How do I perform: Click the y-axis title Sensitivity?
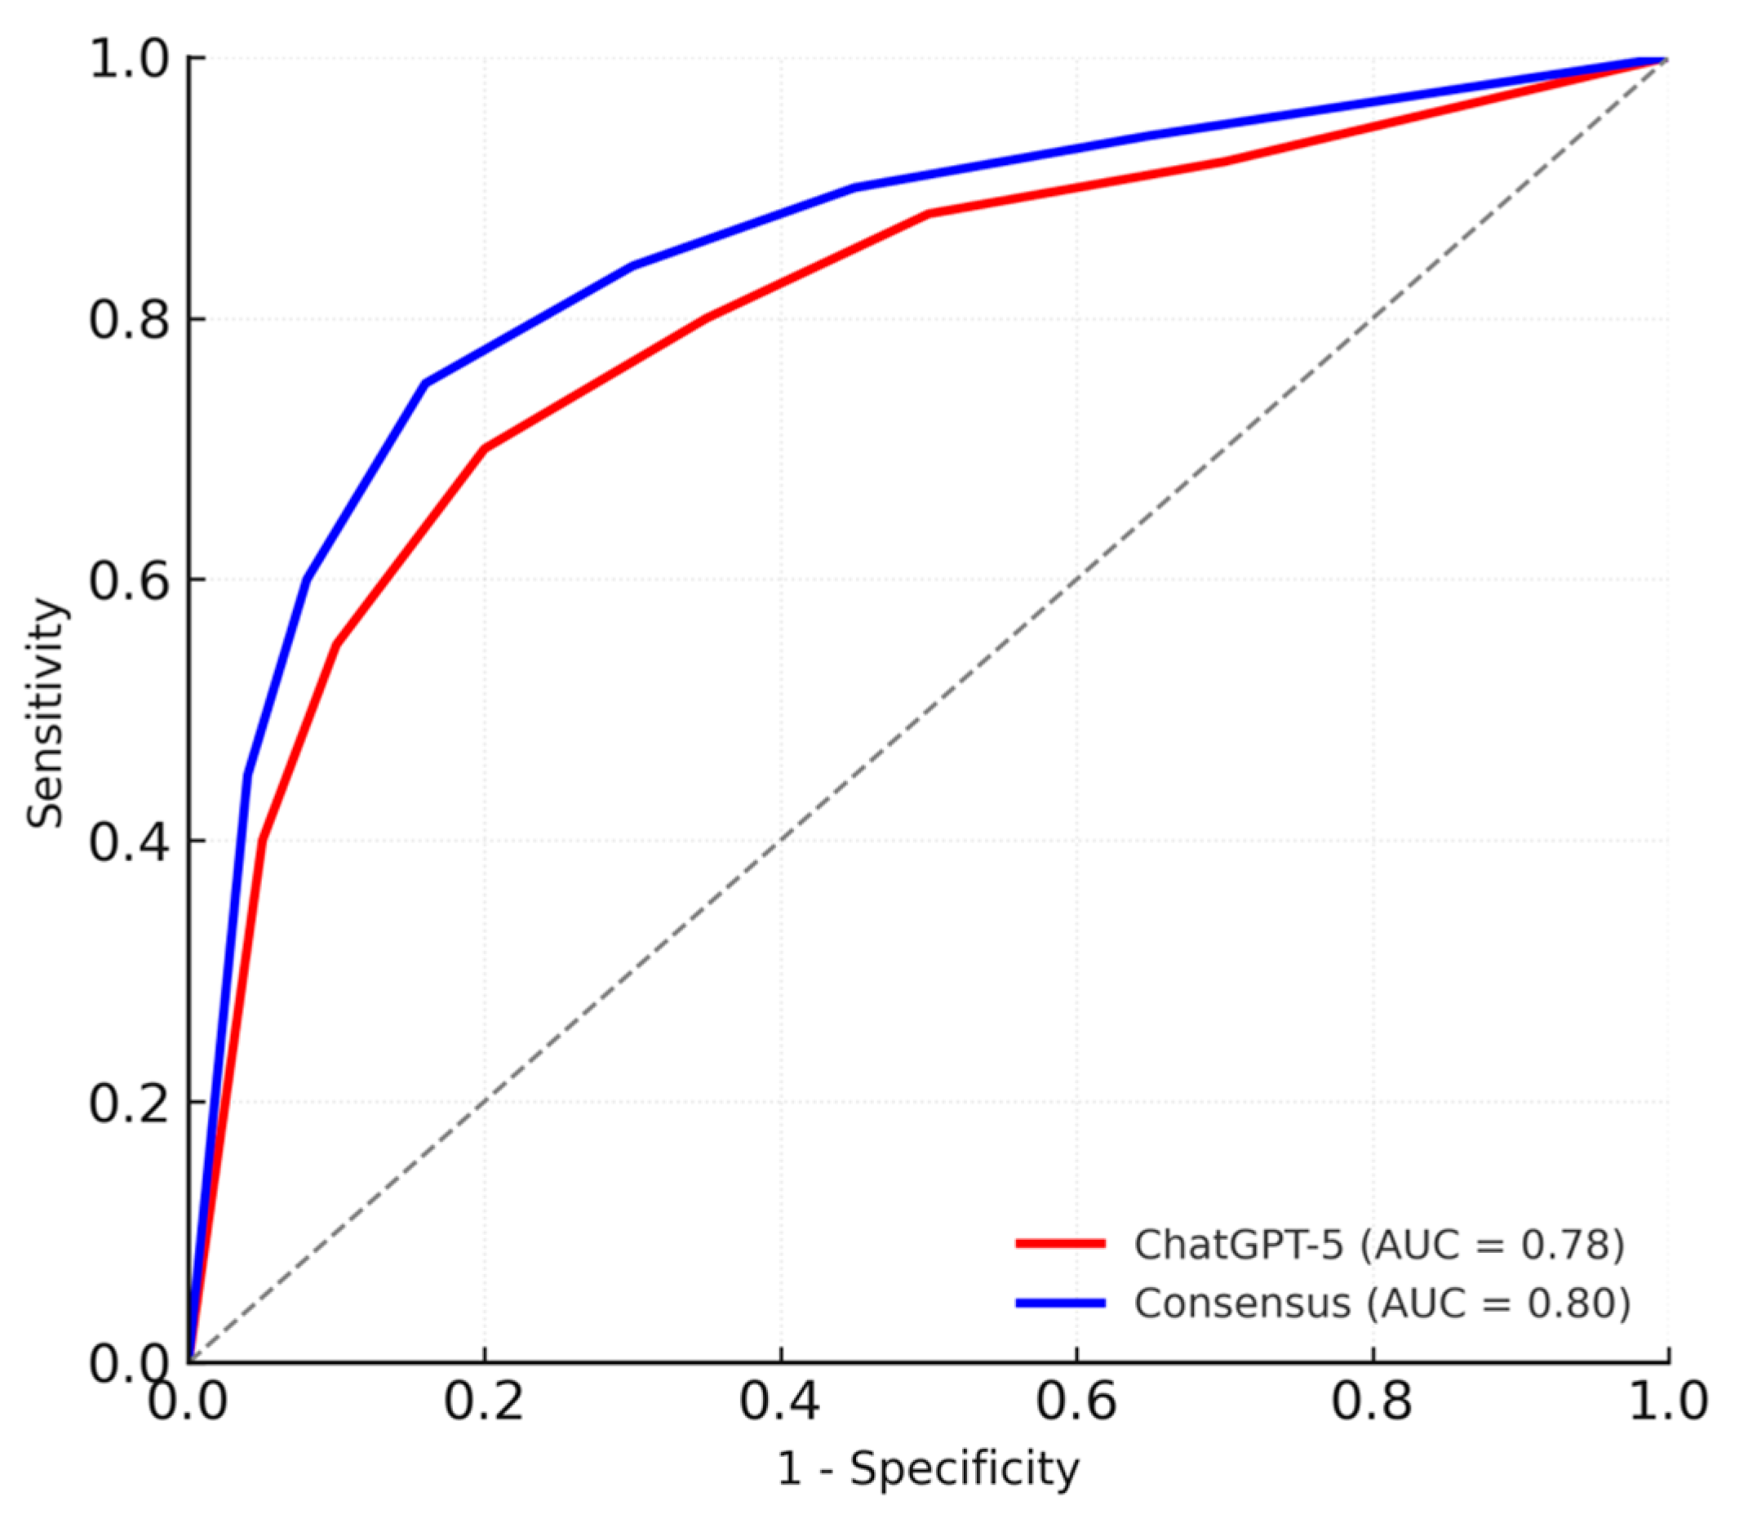(44, 713)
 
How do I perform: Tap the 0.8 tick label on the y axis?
(129, 321)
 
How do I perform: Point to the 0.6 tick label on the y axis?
(129, 581)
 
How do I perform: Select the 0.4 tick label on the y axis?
(129, 842)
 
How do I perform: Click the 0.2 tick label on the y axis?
(129, 1104)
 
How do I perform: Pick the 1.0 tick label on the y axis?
(129, 60)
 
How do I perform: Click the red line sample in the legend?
(1060, 1243)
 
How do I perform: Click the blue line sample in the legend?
(1060, 1303)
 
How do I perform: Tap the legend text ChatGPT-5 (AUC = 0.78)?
(1379, 1243)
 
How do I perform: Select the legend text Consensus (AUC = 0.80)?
(1382, 1303)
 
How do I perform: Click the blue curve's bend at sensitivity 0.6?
(306, 580)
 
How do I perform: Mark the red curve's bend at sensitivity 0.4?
(262, 841)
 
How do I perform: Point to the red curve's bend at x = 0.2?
(484, 448)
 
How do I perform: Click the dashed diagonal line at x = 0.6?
(1076, 580)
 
